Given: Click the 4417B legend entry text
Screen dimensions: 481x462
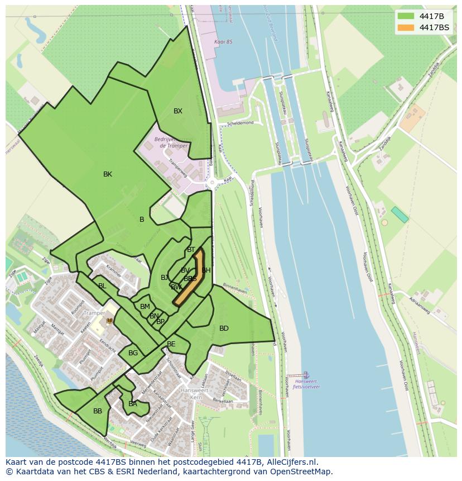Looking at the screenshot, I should coord(431,16).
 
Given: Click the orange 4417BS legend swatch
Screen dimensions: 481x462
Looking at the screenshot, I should coord(406,27).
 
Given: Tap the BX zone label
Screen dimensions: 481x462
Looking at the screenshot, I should coord(177,111).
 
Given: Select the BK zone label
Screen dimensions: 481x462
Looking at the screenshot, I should coord(108,174).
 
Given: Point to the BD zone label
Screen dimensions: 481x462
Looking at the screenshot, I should coord(224,328).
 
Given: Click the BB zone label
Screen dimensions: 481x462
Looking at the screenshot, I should coord(98,411).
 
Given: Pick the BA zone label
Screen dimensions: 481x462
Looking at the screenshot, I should coord(133,404).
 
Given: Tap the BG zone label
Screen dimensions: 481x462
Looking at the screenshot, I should coord(133,353).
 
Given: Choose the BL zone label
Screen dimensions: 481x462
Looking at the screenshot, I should coord(102,286).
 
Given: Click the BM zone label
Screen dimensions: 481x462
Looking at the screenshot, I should coord(145,307).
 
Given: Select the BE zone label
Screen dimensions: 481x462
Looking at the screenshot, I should coord(171,344).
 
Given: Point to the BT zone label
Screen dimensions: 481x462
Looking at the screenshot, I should coord(191,250).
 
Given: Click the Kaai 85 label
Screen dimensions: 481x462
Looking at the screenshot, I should coord(223,42).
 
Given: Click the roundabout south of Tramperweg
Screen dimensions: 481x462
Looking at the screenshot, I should coord(212,183).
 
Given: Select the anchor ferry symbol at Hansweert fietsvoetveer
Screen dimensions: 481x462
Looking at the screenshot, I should coord(305,374).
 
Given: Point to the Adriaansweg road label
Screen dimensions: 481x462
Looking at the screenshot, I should coord(419,306).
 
